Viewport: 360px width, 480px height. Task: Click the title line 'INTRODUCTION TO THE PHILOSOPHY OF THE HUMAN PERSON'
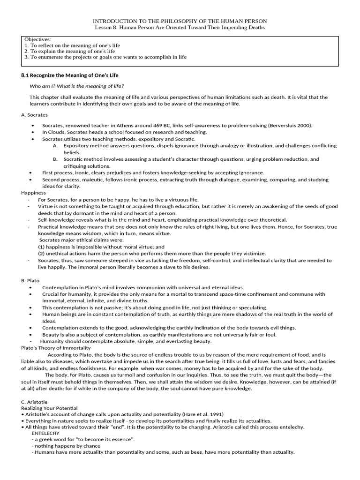(x=180, y=21)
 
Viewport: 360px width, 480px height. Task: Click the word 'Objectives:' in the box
(x=38, y=39)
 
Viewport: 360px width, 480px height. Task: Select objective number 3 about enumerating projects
(x=105, y=57)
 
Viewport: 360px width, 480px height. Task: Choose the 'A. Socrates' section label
(x=34, y=115)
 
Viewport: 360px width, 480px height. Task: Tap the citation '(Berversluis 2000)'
(x=290, y=126)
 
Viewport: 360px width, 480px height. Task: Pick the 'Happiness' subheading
(x=33, y=193)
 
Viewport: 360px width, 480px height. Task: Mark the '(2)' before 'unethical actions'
(x=42, y=253)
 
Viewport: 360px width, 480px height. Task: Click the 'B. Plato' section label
(x=30, y=280)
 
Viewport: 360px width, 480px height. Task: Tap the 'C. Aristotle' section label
(x=34, y=402)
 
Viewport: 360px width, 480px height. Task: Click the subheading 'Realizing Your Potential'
(x=50, y=408)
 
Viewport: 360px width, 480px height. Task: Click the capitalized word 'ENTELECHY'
(x=45, y=433)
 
